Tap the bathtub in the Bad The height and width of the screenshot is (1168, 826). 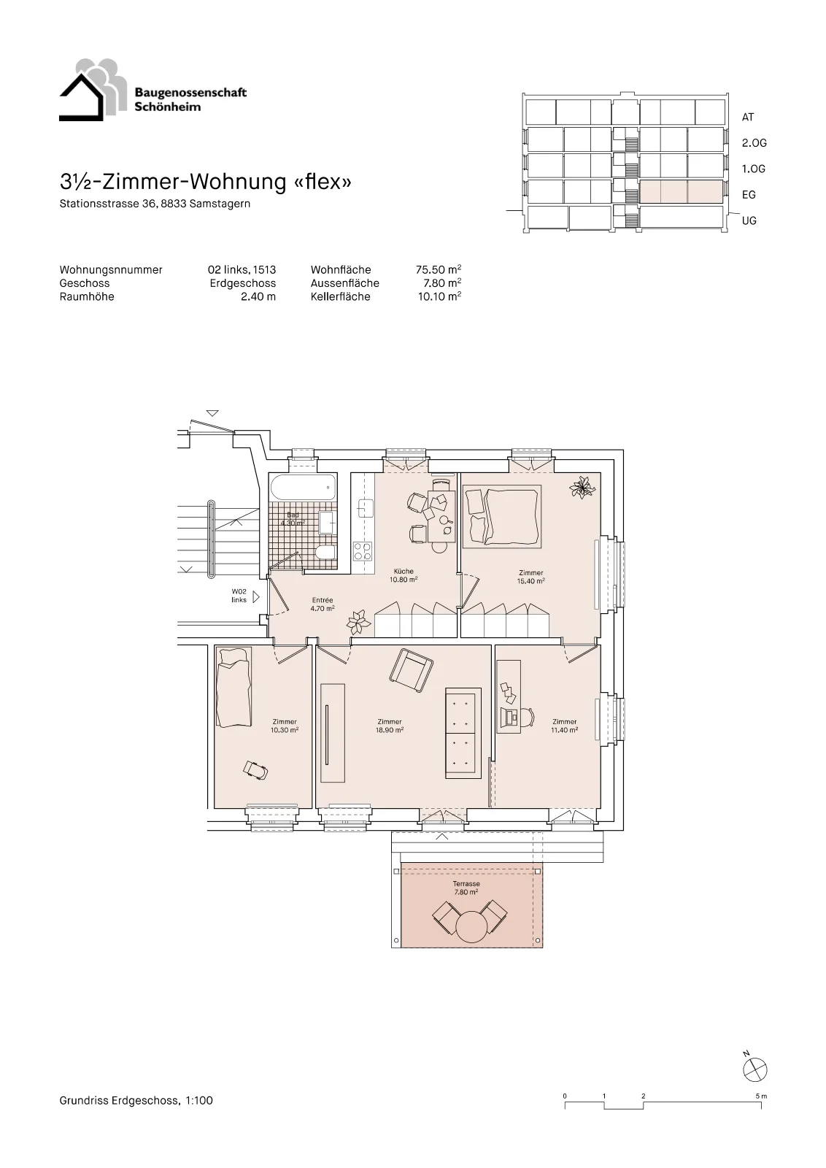304,488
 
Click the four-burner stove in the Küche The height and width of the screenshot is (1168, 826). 363,551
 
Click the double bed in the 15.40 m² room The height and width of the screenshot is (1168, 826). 502,515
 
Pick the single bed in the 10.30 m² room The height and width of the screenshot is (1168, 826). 233,687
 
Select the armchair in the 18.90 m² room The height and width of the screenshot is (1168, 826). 412,671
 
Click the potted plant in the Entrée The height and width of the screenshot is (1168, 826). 360,620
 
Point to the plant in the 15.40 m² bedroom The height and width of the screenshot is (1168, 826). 582,488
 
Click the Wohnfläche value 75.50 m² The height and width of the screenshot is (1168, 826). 439,269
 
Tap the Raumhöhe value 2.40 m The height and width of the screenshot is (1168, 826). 258,296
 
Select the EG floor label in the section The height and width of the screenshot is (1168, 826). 749,194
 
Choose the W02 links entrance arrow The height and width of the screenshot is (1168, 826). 256,596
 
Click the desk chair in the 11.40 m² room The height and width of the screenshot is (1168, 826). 527,716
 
